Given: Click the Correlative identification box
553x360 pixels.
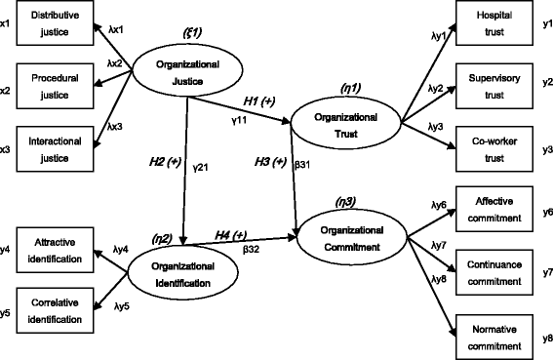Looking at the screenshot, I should [x=56, y=310].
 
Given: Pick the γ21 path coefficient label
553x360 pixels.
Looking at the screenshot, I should [x=202, y=167].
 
